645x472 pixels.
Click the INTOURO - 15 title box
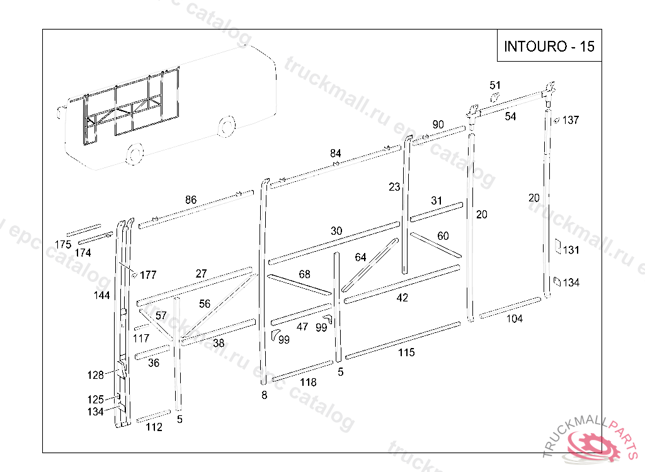(x=549, y=47)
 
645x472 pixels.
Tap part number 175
(x=63, y=244)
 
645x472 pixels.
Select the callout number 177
(x=148, y=275)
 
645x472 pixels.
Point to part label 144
(x=101, y=295)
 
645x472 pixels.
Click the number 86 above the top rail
(x=190, y=199)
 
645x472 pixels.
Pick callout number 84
(x=336, y=154)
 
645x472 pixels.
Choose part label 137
(x=571, y=120)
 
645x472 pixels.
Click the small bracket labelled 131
(x=557, y=246)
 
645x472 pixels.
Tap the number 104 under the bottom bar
(x=515, y=318)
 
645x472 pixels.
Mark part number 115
(x=406, y=352)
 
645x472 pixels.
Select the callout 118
(x=308, y=382)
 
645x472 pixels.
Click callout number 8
(x=264, y=395)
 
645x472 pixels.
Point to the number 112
(x=154, y=427)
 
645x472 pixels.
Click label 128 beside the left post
(x=95, y=375)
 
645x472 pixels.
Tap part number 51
(x=495, y=86)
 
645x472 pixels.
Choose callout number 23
(x=394, y=187)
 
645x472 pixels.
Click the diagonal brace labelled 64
(x=372, y=264)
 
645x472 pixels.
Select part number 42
(x=402, y=298)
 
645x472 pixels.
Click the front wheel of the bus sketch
(x=134, y=154)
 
